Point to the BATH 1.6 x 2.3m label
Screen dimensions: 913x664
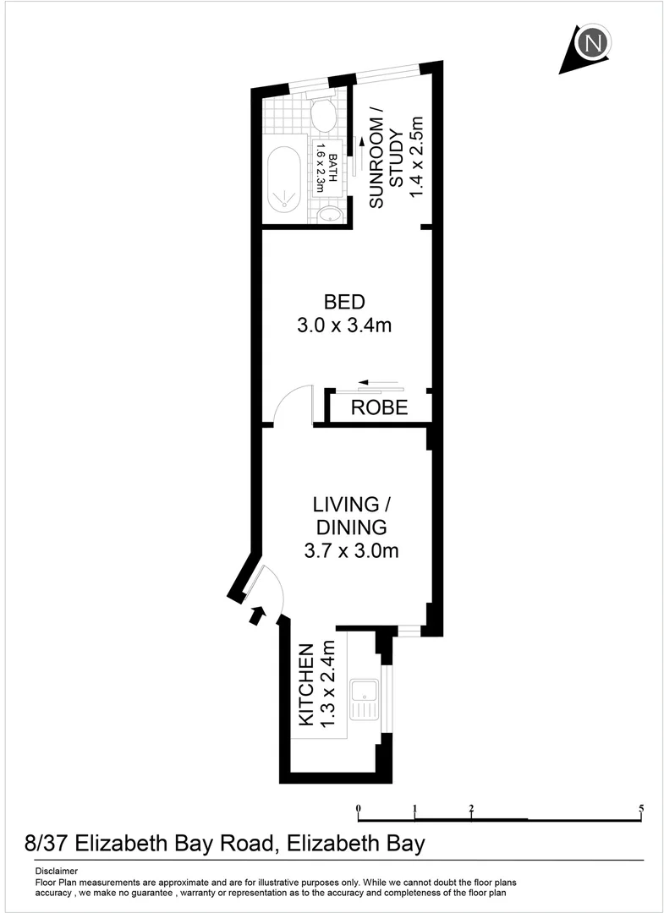point(327,174)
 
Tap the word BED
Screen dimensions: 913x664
point(344,302)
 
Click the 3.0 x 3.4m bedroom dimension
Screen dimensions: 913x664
point(344,325)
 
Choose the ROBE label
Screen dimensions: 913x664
point(380,408)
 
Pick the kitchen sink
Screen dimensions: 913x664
point(366,698)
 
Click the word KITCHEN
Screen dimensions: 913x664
point(306,685)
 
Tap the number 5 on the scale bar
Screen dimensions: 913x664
point(642,809)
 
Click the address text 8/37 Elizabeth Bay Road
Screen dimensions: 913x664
point(152,844)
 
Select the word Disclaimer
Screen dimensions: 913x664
point(57,871)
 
